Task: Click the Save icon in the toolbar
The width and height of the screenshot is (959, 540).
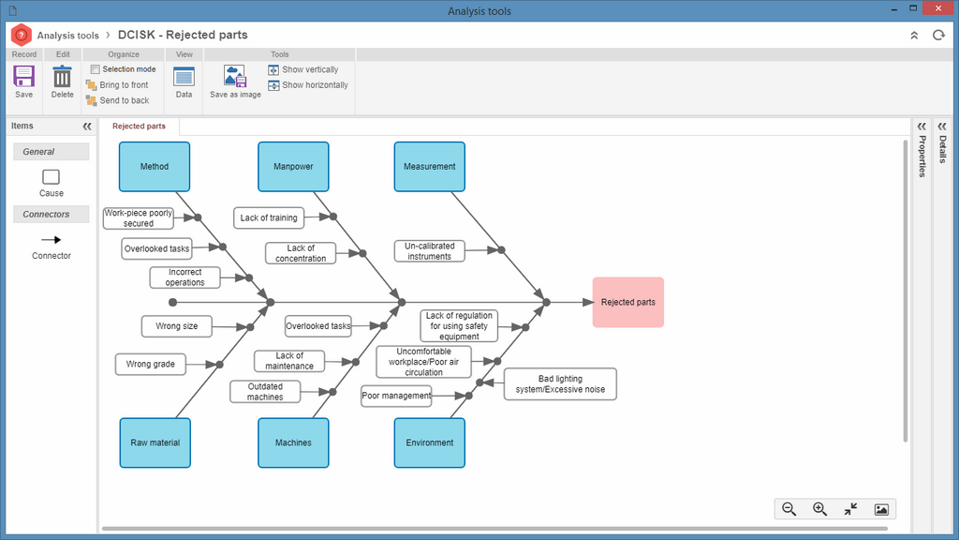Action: [23, 77]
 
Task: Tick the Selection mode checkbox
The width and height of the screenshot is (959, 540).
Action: [95, 69]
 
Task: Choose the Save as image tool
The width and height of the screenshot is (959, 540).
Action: [235, 77]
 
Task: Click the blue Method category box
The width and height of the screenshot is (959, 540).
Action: [155, 167]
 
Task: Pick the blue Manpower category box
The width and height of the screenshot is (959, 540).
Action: [293, 167]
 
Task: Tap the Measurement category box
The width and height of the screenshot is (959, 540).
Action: [429, 167]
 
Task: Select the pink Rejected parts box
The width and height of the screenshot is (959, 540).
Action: [628, 302]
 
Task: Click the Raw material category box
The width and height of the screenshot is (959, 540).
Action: [155, 442]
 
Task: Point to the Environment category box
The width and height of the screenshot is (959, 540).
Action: [429, 442]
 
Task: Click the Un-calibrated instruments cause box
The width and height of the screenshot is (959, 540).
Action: [429, 251]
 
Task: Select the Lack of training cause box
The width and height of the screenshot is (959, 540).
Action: [269, 217]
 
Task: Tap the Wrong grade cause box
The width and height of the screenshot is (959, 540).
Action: [151, 365]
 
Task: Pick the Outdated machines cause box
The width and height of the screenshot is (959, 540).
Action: [265, 392]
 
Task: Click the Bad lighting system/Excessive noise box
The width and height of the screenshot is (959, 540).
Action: [560, 383]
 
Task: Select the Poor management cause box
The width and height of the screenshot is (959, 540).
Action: [396, 396]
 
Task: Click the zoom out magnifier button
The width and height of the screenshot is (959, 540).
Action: [789, 509]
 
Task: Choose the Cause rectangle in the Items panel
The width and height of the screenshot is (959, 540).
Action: [51, 177]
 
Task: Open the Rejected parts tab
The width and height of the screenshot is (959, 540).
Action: [139, 127]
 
